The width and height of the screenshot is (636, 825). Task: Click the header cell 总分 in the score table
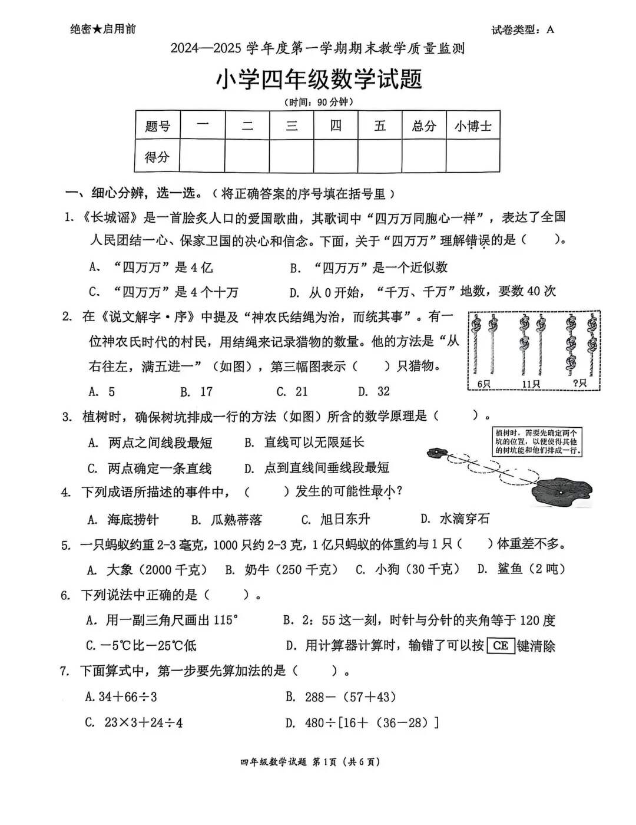click(x=423, y=126)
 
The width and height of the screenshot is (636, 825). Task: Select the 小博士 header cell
click(x=473, y=126)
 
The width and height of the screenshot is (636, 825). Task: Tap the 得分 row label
click(x=157, y=157)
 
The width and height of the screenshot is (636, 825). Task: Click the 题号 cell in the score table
click(x=157, y=126)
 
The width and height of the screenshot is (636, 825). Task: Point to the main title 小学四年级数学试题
click(x=319, y=79)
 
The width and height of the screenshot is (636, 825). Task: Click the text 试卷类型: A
click(x=522, y=30)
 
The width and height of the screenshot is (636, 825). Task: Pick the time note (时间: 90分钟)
click(x=319, y=102)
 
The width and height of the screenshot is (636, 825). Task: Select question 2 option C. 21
click(x=292, y=391)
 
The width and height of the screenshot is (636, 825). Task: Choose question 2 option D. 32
click(x=374, y=391)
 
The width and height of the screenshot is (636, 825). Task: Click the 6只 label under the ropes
click(x=484, y=384)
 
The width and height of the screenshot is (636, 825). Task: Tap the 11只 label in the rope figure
click(x=531, y=384)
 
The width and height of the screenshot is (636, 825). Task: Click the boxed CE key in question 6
click(x=501, y=645)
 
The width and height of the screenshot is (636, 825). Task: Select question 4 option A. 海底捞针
click(x=123, y=519)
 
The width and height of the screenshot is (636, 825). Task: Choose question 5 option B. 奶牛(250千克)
click(x=281, y=569)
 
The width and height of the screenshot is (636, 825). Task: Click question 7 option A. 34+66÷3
click(x=121, y=697)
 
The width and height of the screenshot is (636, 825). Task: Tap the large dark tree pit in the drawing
click(x=560, y=491)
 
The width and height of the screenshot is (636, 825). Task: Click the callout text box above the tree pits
click(x=537, y=442)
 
